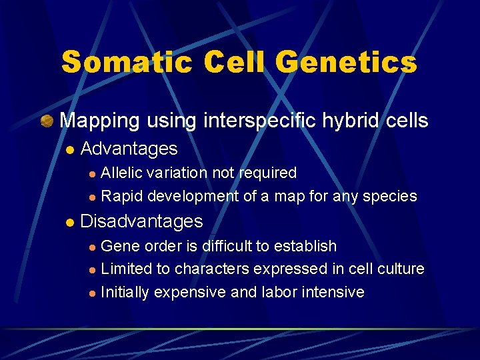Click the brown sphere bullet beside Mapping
(46, 121)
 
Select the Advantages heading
(129, 149)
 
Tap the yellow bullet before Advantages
(68, 149)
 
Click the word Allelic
(121, 173)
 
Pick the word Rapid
(122, 196)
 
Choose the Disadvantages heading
(141, 221)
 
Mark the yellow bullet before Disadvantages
(68, 221)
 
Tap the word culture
(399, 269)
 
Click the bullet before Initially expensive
(93, 293)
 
